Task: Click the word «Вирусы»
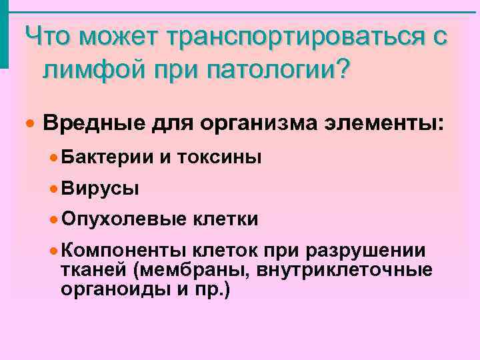[x=100, y=188]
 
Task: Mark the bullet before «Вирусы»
[x=53, y=188]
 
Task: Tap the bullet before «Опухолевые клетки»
[x=53, y=219]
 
